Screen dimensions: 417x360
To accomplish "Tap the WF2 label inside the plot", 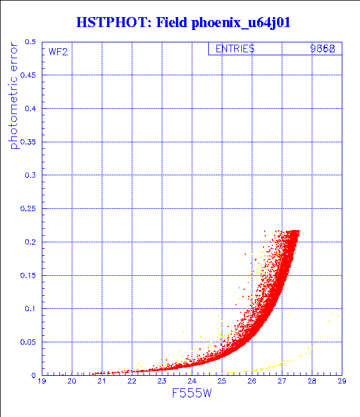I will pos(58,52).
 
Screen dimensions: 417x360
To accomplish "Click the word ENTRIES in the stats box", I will pos(235,49).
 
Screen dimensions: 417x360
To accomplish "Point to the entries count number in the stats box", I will pos(323,49).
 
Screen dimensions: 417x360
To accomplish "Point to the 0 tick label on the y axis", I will pos(34,375).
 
